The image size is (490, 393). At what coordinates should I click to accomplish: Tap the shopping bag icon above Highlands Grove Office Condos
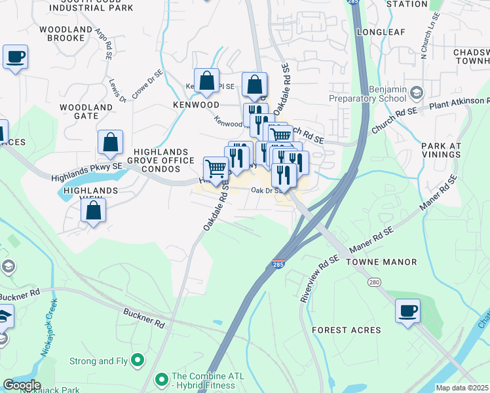[110, 141]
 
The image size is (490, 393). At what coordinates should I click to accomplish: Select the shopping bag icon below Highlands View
[94, 211]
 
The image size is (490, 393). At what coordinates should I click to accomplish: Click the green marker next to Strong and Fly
[138, 360]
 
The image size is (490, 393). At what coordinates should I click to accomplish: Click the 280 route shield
[374, 282]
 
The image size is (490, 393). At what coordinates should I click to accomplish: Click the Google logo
[21, 385]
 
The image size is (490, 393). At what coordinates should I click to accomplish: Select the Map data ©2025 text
[462, 388]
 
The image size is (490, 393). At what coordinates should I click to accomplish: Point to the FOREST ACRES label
[346, 330]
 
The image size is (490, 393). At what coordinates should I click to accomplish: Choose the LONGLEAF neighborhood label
[381, 31]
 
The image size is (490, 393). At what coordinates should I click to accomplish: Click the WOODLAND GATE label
[86, 111]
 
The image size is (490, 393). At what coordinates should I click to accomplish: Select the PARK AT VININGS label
[442, 150]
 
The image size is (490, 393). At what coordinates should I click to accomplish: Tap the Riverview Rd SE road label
[319, 279]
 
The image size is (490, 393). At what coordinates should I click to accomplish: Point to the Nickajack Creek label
[48, 327]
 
